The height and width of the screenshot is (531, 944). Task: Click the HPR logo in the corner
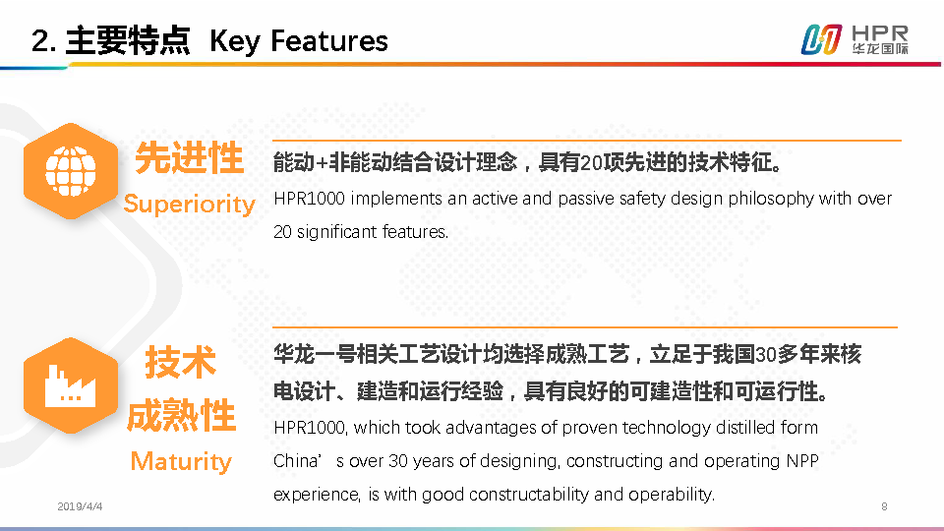tap(855, 39)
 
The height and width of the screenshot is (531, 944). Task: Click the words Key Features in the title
tap(299, 41)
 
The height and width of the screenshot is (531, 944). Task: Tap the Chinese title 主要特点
tap(128, 41)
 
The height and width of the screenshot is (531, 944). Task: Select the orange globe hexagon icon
tap(71, 171)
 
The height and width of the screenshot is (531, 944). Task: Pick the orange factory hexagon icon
tap(71, 385)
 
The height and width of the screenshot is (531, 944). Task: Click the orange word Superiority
tap(190, 205)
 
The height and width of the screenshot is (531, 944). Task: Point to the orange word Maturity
tap(181, 462)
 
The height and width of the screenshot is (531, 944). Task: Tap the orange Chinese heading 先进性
tap(189, 158)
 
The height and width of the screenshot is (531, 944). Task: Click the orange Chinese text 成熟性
tap(181, 415)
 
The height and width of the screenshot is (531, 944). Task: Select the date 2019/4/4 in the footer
tap(80, 506)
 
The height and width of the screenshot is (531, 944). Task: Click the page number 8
tap(884, 506)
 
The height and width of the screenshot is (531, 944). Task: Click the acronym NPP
tap(802, 461)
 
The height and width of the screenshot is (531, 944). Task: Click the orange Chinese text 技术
tap(181, 363)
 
